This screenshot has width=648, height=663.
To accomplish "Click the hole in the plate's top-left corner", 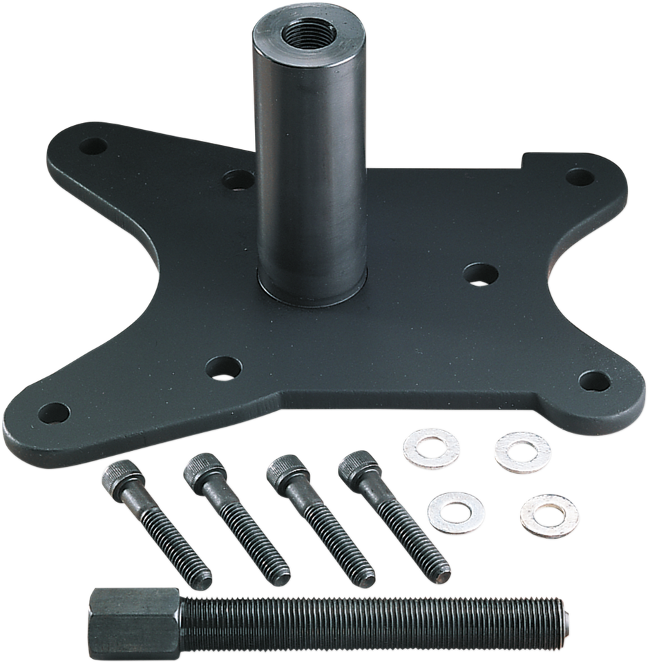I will click(x=93, y=147).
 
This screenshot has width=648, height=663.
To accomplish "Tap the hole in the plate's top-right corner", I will click(x=576, y=177).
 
